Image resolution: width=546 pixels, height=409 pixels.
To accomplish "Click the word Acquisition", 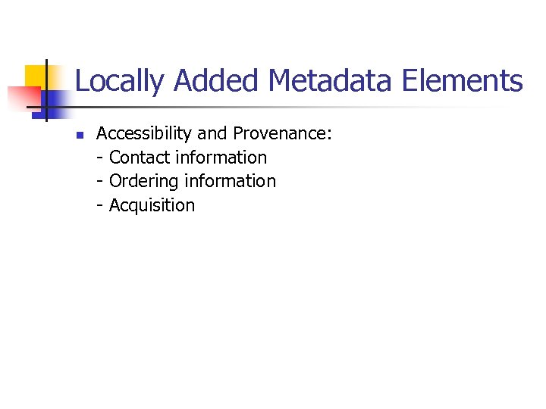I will (152, 205).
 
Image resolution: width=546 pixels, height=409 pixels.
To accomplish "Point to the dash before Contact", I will (101, 158).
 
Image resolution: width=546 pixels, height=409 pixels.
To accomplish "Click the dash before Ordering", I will (101, 182).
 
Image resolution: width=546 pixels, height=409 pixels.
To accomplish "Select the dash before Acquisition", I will (101, 206).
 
